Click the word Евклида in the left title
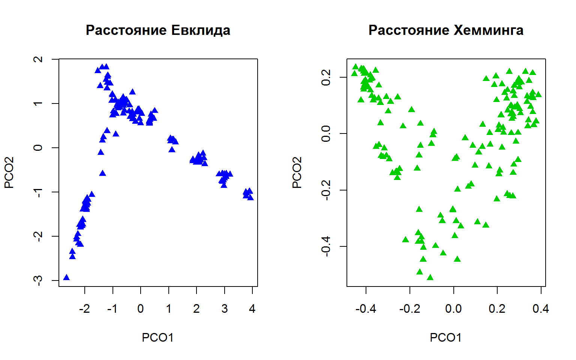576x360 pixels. pyautogui.click(x=201, y=30)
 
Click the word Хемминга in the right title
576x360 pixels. pyautogui.click(x=489, y=30)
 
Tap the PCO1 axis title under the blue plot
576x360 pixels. pyautogui.click(x=157, y=337)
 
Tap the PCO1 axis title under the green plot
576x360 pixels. pyautogui.click(x=445, y=337)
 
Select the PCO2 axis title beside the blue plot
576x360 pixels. pyautogui.click(x=9, y=172)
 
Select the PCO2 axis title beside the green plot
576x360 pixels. pyautogui.click(x=297, y=172)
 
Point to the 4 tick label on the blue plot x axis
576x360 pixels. pyautogui.click(x=252, y=309)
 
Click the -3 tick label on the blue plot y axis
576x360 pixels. pyautogui.click(x=39, y=280)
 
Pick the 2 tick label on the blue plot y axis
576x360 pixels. pyautogui.click(x=39, y=59)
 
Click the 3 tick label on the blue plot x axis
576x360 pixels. pyautogui.click(x=224, y=309)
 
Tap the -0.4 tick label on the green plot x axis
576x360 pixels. pyautogui.click(x=366, y=309)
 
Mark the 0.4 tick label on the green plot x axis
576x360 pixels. pyautogui.click(x=541, y=309)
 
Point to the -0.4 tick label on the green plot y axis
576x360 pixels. pyautogui.click(x=326, y=246)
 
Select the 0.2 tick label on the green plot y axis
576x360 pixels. pyautogui.click(x=326, y=77)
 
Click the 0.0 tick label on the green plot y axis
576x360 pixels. pyautogui.click(x=326, y=133)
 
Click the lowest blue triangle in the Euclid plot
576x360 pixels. pyautogui.click(x=66, y=277)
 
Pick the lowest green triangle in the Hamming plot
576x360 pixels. pyautogui.click(x=430, y=277)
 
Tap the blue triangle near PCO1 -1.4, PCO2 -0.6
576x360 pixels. pyautogui.click(x=102, y=173)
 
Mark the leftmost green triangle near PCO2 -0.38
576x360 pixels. pyautogui.click(x=405, y=240)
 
